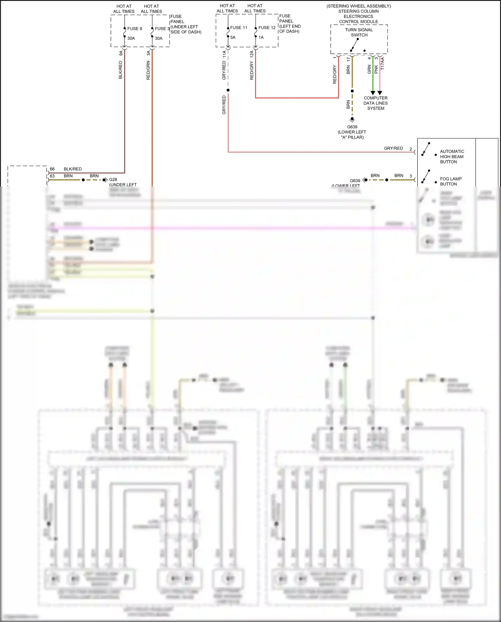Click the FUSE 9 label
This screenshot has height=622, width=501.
tap(135, 29)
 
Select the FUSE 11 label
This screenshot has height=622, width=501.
tap(238, 28)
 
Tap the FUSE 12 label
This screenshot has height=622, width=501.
tap(267, 28)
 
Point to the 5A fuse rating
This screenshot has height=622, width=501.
tap(233, 37)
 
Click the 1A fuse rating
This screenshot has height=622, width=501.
tap(261, 37)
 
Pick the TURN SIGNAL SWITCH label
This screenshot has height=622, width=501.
tap(359, 32)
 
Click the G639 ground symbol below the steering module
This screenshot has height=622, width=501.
tap(352, 119)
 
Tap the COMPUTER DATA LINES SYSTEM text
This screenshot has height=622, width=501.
tap(376, 103)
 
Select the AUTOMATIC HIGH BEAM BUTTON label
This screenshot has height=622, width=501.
tap(452, 156)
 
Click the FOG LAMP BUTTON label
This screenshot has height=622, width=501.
tap(451, 181)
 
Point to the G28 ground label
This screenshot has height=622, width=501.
tap(113, 179)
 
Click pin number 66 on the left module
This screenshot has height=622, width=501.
tap(52, 169)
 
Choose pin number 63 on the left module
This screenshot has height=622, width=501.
tap(52, 176)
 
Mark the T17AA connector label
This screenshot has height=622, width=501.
tap(383, 64)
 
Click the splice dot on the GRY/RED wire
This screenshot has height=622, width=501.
tap(228, 90)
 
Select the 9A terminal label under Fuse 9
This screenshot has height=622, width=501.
tap(121, 53)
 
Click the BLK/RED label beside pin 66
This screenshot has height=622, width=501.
tap(72, 169)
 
